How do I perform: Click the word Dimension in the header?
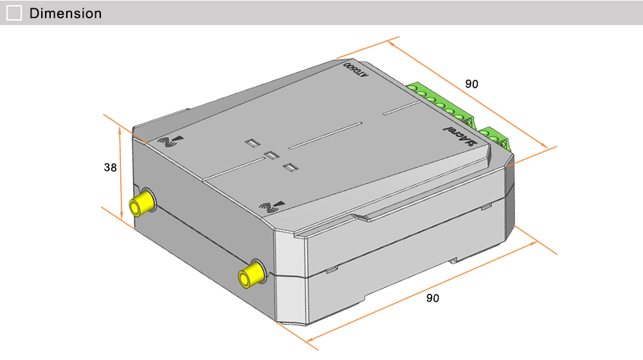[66, 13]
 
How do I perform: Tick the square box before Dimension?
[14, 13]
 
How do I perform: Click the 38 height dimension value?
[111, 167]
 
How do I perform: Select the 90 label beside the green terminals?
[472, 84]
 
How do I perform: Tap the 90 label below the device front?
[433, 298]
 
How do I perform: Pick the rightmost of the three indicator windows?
[291, 168]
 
